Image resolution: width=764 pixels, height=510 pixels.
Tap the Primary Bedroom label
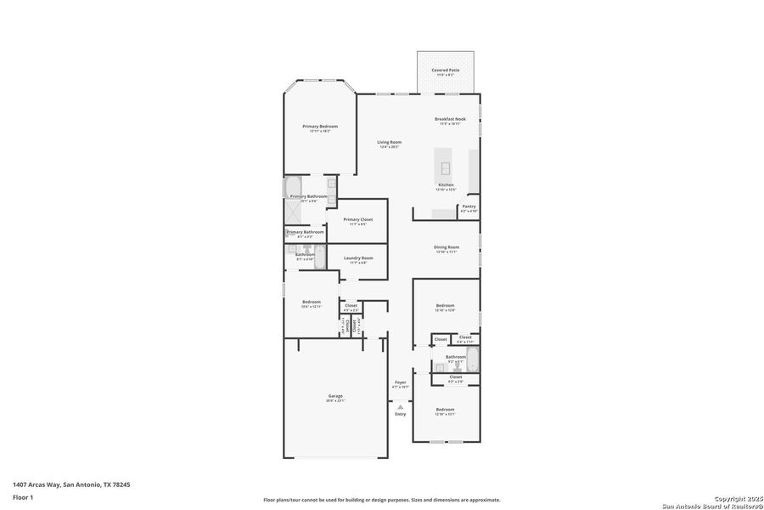tap(320, 126)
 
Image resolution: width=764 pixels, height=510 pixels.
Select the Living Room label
tap(390, 142)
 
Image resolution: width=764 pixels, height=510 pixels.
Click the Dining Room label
tap(447, 247)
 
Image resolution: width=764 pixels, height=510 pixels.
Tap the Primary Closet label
tap(357, 219)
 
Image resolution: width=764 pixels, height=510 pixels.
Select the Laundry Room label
tap(357, 258)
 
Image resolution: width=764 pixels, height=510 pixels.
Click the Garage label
tap(335, 396)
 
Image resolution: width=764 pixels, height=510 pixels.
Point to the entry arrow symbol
tap(400, 407)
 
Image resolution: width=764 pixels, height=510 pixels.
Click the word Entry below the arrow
tap(400, 414)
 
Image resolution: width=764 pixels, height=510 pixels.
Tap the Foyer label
tap(400, 382)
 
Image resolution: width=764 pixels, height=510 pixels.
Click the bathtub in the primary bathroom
tap(292, 186)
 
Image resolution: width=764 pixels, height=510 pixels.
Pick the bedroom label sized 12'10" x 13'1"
tap(446, 410)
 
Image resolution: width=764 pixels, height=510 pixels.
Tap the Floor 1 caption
tap(23, 500)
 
